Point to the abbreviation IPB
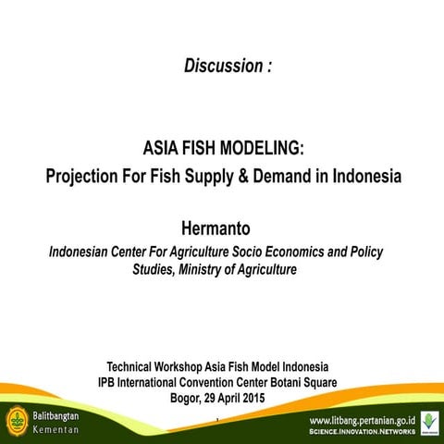[110, 381]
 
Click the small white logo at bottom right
[429, 422]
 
